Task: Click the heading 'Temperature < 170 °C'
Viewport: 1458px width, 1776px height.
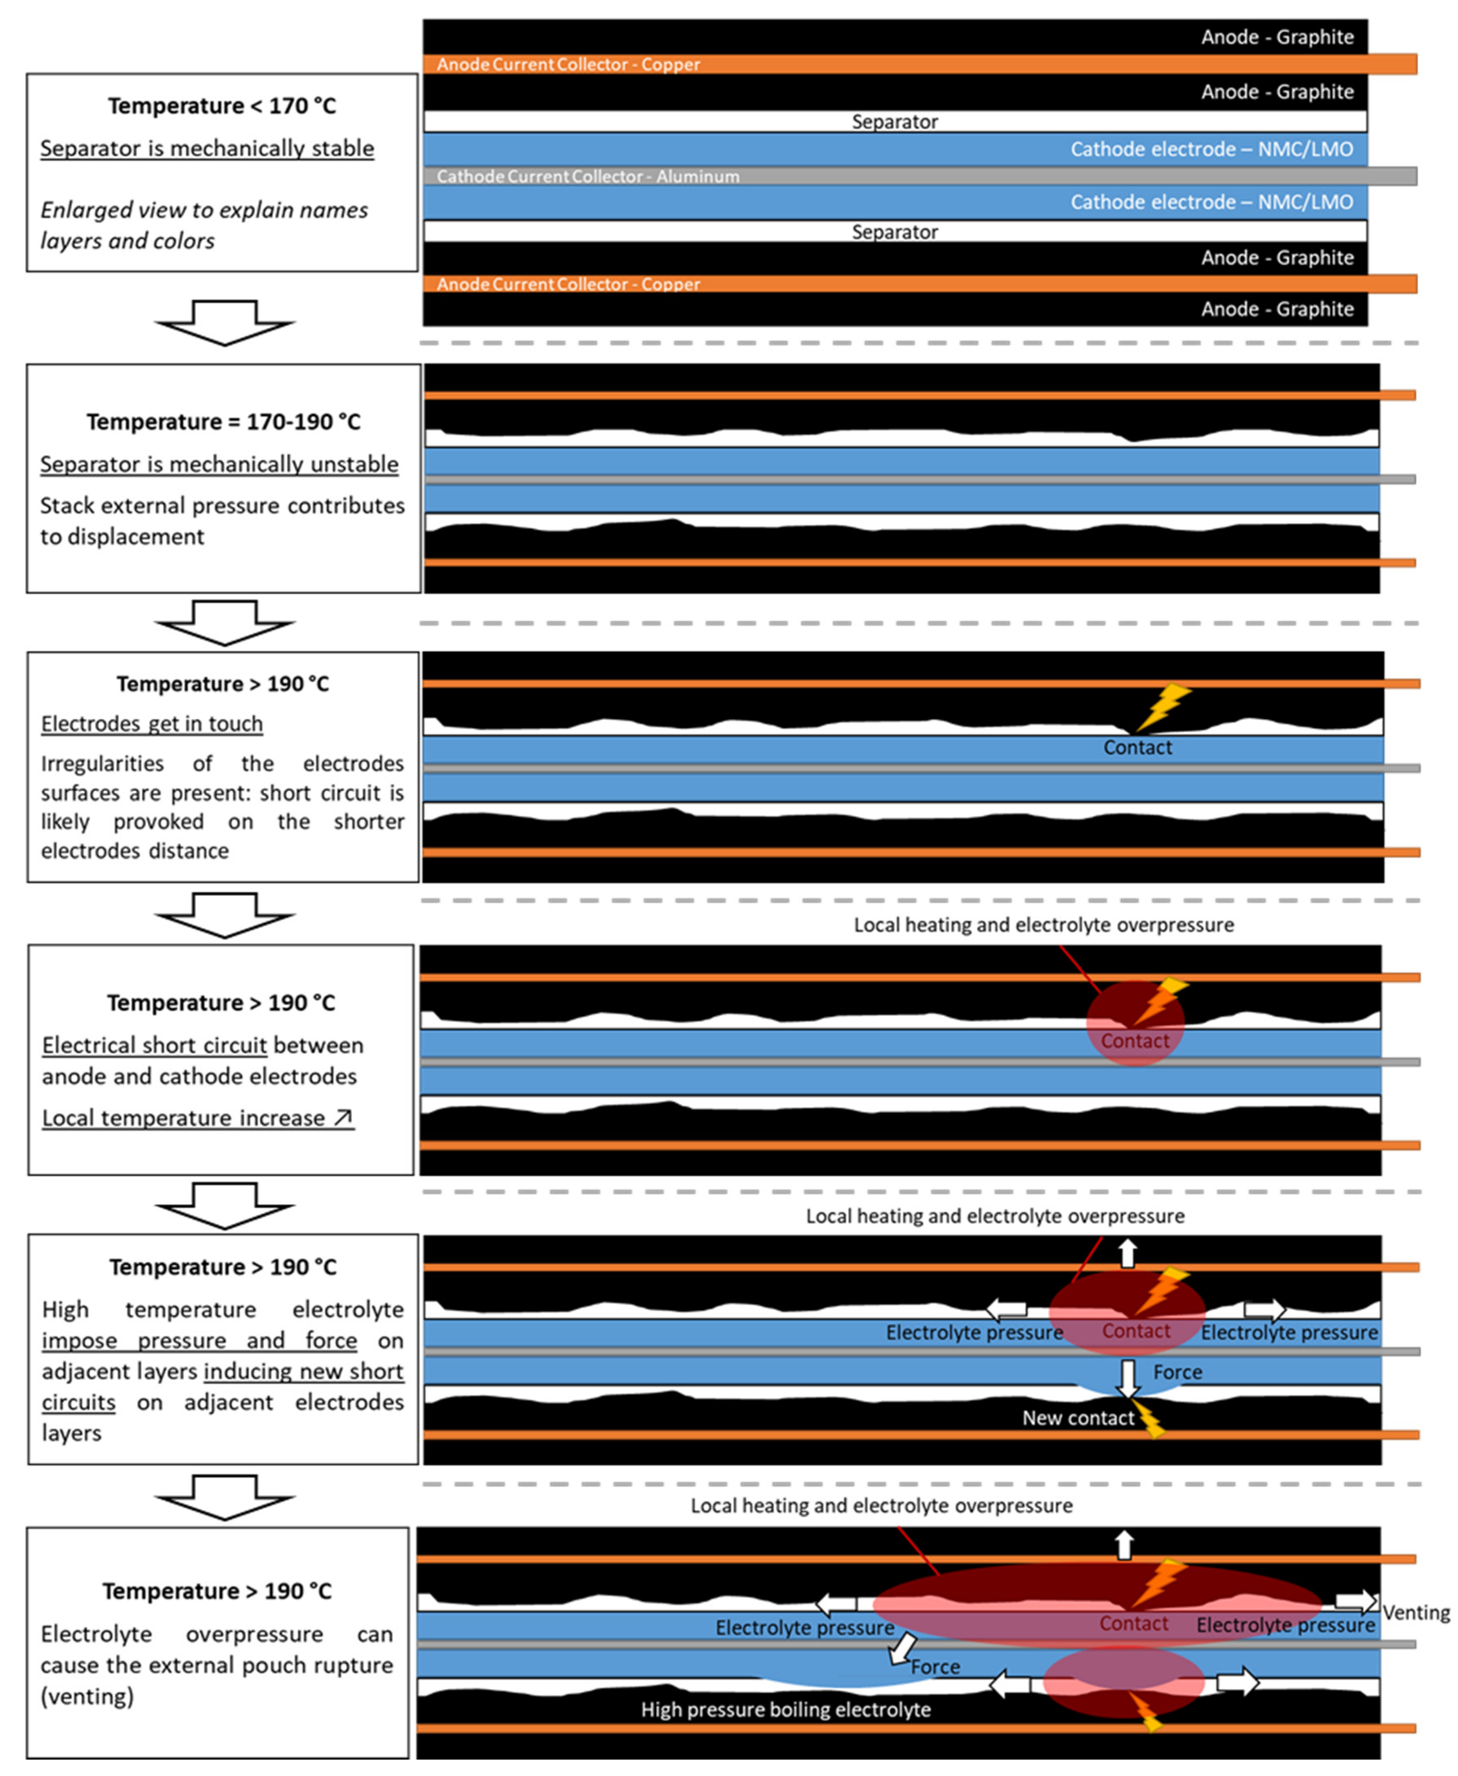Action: tap(222, 106)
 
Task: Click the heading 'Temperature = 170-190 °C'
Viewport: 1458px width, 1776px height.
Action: tap(224, 422)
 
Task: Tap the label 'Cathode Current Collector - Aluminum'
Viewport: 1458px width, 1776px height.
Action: tap(588, 176)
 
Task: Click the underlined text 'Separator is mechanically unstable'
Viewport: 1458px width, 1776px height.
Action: tap(219, 464)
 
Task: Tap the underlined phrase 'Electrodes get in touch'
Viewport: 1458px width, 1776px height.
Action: tap(152, 724)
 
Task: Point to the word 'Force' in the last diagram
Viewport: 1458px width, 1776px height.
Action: tap(935, 1667)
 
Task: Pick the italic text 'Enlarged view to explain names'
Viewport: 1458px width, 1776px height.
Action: tap(204, 210)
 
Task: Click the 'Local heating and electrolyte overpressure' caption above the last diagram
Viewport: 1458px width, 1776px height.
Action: tap(881, 1506)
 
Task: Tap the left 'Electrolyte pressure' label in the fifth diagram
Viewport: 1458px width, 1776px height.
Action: tap(974, 1333)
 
